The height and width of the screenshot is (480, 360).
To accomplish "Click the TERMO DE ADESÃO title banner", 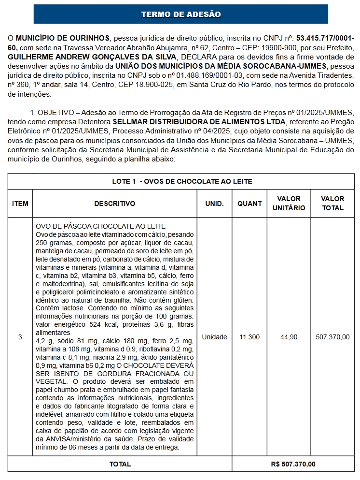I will click(180, 15).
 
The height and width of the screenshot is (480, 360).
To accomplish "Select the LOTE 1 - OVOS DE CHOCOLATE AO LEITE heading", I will click(182, 181).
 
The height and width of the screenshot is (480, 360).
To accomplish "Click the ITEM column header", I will click(20, 204).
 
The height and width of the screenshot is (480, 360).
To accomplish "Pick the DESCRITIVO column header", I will click(115, 204).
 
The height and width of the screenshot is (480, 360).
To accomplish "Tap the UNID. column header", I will click(214, 204).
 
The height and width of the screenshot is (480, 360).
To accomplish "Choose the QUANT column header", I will click(249, 204).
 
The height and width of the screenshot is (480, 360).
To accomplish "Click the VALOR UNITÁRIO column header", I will click(289, 204).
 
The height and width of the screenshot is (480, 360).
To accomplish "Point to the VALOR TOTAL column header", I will click(332, 204).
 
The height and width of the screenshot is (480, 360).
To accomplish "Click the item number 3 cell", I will click(20, 337).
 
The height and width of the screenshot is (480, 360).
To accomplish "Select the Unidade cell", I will click(214, 337).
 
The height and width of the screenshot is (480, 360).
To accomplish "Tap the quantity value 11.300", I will click(249, 337).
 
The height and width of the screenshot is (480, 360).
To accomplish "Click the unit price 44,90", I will click(289, 337).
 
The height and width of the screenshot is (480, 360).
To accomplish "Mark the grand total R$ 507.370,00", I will click(293, 464).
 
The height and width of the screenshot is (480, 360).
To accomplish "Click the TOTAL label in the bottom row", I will click(120, 464).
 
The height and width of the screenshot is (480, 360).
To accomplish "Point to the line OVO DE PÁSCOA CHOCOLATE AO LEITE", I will click(101, 226).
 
